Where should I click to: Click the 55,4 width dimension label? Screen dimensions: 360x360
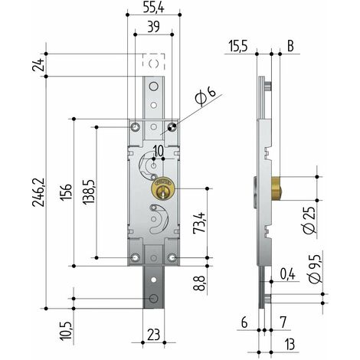click(x=153, y=7)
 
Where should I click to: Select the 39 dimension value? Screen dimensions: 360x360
click(x=154, y=27)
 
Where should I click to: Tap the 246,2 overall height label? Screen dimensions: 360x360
click(x=39, y=192)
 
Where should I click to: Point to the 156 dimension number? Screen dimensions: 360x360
click(x=66, y=192)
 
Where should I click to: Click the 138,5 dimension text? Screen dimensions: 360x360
click(x=89, y=192)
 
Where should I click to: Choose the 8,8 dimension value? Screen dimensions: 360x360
click(x=199, y=283)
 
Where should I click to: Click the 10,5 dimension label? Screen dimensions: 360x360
click(x=66, y=331)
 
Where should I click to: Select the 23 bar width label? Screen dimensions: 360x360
click(x=154, y=335)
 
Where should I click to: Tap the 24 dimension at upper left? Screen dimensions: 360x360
click(x=39, y=65)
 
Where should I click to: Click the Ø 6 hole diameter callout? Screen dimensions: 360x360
click(x=205, y=97)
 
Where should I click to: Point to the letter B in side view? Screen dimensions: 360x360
click(x=290, y=46)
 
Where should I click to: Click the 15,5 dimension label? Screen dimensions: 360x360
click(x=238, y=47)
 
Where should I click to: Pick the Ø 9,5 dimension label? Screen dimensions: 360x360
click(x=315, y=269)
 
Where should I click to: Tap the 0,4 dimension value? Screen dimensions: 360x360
click(x=287, y=274)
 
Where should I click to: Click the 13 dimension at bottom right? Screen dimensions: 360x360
click(x=289, y=345)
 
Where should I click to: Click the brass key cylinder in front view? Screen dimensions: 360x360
click(x=163, y=188)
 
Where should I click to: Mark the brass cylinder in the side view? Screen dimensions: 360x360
click(x=277, y=188)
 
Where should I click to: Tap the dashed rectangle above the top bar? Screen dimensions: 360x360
click(x=153, y=61)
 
